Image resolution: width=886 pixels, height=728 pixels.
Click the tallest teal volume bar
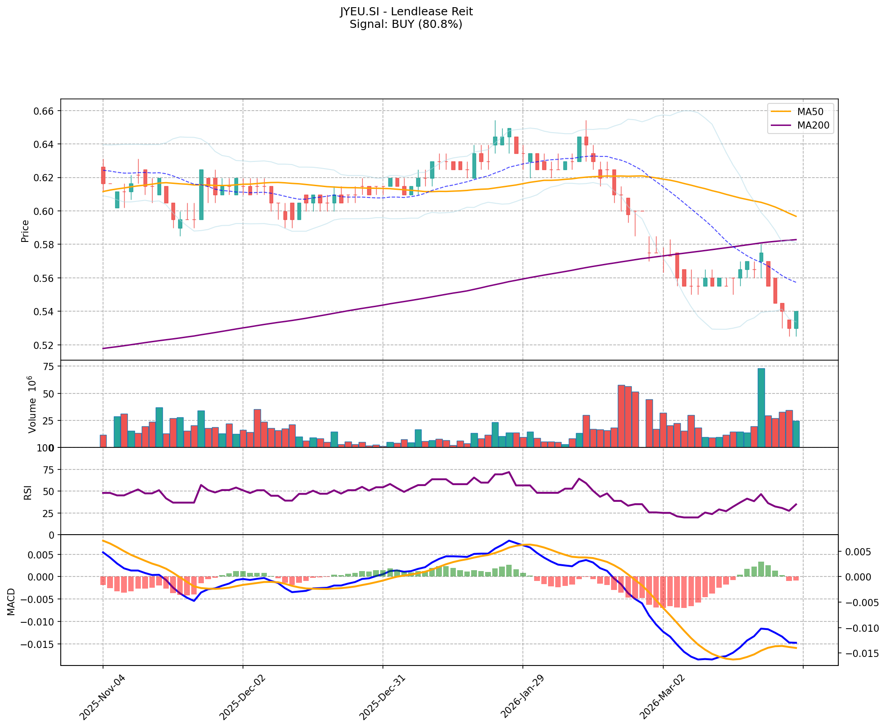pos(761,407)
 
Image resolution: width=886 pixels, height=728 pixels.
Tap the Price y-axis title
pos(25,231)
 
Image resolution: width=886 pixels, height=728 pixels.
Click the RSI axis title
pos(28,492)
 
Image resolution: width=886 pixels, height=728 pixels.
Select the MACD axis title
pos(11,602)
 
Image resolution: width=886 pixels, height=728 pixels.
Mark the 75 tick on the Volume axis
pos(48,367)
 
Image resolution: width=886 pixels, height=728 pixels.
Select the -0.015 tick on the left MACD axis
pos(39,644)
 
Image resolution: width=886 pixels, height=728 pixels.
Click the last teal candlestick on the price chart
pos(796,320)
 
